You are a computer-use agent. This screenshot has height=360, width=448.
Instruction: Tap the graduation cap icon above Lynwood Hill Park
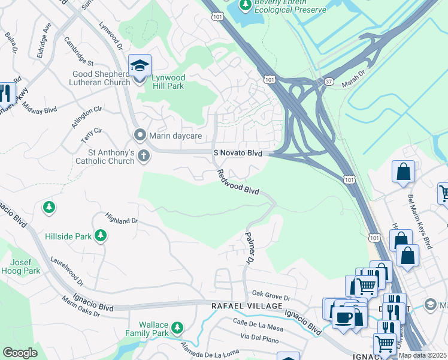coord(140,65)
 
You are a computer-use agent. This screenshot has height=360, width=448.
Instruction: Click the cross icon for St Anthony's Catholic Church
coord(143,157)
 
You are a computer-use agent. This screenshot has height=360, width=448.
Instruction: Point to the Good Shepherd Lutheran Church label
coord(101,78)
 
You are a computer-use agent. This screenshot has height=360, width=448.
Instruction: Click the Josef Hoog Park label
coord(25,266)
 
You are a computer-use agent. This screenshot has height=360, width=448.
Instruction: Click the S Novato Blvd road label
coord(238,154)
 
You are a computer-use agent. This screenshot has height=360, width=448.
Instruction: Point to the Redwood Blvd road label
coord(238,182)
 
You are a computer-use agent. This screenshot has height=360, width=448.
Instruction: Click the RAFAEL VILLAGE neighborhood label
coord(247,306)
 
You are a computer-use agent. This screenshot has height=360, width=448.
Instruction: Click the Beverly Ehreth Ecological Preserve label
coord(290,7)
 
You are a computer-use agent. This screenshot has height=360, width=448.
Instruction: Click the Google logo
coord(20,353)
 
